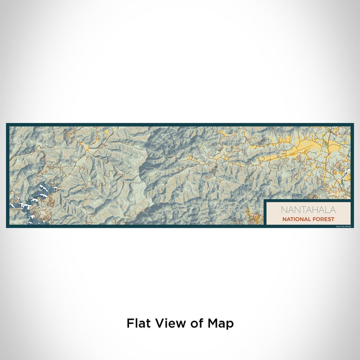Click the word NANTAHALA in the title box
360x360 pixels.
point(308,210)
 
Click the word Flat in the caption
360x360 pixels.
point(138,323)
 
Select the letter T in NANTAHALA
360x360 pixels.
point(300,210)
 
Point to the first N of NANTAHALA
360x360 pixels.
point(284,210)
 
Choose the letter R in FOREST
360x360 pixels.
point(322,219)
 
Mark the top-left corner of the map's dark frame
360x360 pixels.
point(7,124)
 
